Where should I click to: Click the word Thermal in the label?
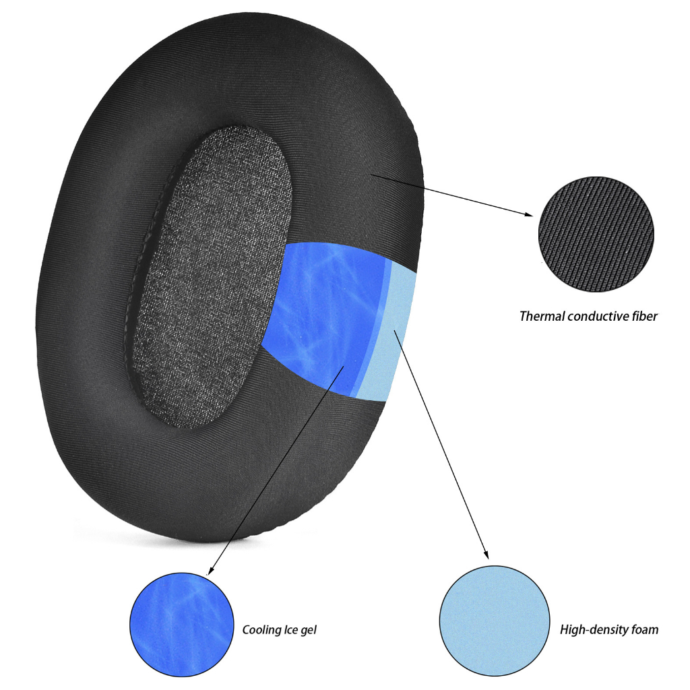click(542, 317)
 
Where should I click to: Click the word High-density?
click(594, 630)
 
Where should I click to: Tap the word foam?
click(645, 630)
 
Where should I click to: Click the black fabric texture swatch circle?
click(596, 234)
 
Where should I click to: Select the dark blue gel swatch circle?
click(182, 625)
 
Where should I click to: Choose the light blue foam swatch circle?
click(495, 621)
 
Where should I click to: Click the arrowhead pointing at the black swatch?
click(528, 214)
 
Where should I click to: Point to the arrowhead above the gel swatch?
click(210, 570)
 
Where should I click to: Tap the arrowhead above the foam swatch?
click(486, 555)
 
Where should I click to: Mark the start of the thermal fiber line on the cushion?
click(371, 175)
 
